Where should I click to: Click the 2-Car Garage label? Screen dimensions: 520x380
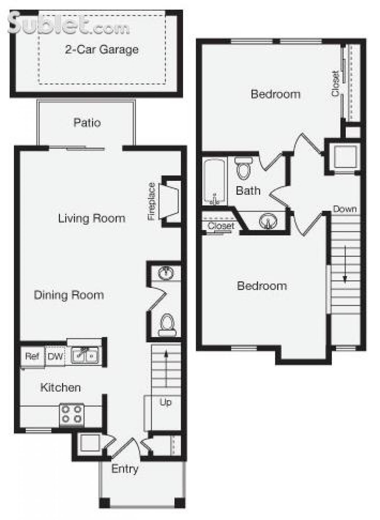pyautogui.click(x=102, y=50)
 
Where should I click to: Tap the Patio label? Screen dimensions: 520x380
pyautogui.click(x=87, y=123)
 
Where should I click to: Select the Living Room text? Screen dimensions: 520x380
pyautogui.click(x=92, y=218)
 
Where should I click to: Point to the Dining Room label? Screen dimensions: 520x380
pyautogui.click(x=69, y=295)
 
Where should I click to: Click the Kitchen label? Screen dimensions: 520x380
pyautogui.click(x=60, y=387)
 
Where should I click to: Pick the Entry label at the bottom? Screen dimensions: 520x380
pyautogui.click(x=125, y=469)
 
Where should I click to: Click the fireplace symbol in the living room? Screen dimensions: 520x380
pyautogui.click(x=170, y=201)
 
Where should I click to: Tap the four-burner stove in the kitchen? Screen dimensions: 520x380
pyautogui.click(x=72, y=414)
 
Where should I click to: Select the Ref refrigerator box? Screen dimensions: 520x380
pyautogui.click(x=32, y=356)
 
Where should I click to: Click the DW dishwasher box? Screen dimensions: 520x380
pyautogui.click(x=55, y=357)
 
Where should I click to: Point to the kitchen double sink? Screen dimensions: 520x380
pyautogui.click(x=85, y=355)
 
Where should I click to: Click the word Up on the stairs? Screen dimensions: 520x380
pyautogui.click(x=165, y=402)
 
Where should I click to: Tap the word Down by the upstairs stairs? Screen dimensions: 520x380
pyautogui.click(x=345, y=209)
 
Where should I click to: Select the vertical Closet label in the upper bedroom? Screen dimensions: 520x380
pyautogui.click(x=336, y=83)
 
